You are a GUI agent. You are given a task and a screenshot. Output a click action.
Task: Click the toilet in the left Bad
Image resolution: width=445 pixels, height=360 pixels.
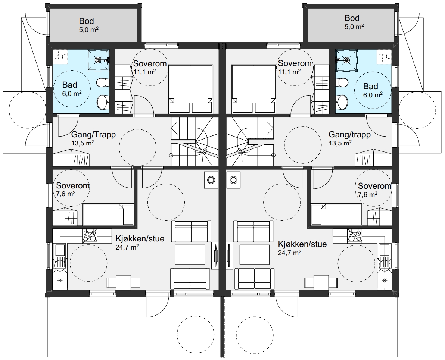101,83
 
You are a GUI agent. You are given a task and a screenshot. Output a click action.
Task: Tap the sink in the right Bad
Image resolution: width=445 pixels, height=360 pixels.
343,101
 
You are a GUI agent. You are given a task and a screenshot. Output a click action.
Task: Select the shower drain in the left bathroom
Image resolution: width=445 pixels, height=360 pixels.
98,60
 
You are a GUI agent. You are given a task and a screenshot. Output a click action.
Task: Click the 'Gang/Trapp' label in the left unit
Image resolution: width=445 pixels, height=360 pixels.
93,134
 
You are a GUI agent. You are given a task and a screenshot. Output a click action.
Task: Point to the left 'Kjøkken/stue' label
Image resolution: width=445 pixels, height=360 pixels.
140,238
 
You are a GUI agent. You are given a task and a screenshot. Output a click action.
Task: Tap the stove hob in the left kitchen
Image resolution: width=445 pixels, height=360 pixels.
90,236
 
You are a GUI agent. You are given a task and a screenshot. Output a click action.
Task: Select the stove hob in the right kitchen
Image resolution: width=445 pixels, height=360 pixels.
354,236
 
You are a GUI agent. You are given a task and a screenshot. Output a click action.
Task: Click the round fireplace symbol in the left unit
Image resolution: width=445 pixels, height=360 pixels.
211,179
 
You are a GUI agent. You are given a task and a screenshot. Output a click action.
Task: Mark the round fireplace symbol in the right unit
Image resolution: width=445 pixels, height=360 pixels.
233,179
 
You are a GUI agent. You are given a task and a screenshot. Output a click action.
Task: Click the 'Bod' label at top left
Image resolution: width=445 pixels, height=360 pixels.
86,21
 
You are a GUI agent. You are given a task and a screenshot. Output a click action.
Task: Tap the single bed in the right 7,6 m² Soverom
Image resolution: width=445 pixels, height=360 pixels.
337,215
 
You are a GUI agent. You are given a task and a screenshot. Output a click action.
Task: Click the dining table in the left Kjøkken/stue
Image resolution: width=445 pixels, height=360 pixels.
124,282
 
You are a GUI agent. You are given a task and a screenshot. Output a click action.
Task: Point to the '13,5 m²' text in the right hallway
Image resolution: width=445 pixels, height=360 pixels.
340,143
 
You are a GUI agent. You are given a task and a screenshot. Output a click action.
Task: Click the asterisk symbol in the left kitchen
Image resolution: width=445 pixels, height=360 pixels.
60,281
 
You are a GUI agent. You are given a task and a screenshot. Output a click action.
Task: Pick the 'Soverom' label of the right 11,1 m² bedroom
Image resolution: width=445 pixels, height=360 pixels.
295,63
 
